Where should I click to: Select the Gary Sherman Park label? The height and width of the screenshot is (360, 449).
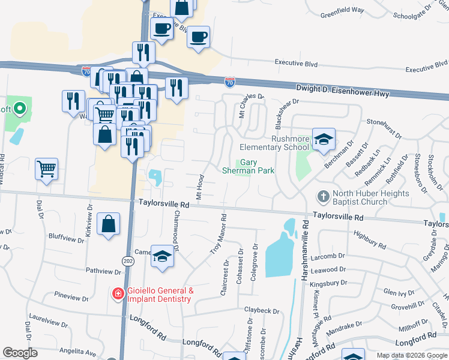pos(258,166)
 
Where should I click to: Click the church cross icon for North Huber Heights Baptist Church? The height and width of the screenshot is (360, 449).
pos(323,197)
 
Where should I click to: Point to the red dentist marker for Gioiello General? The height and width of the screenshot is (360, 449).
pos(118,293)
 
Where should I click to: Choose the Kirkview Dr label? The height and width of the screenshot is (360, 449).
pos(89,222)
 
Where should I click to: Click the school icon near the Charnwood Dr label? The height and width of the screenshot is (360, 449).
pos(161,256)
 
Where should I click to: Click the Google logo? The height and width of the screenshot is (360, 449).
pos(20,353)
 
